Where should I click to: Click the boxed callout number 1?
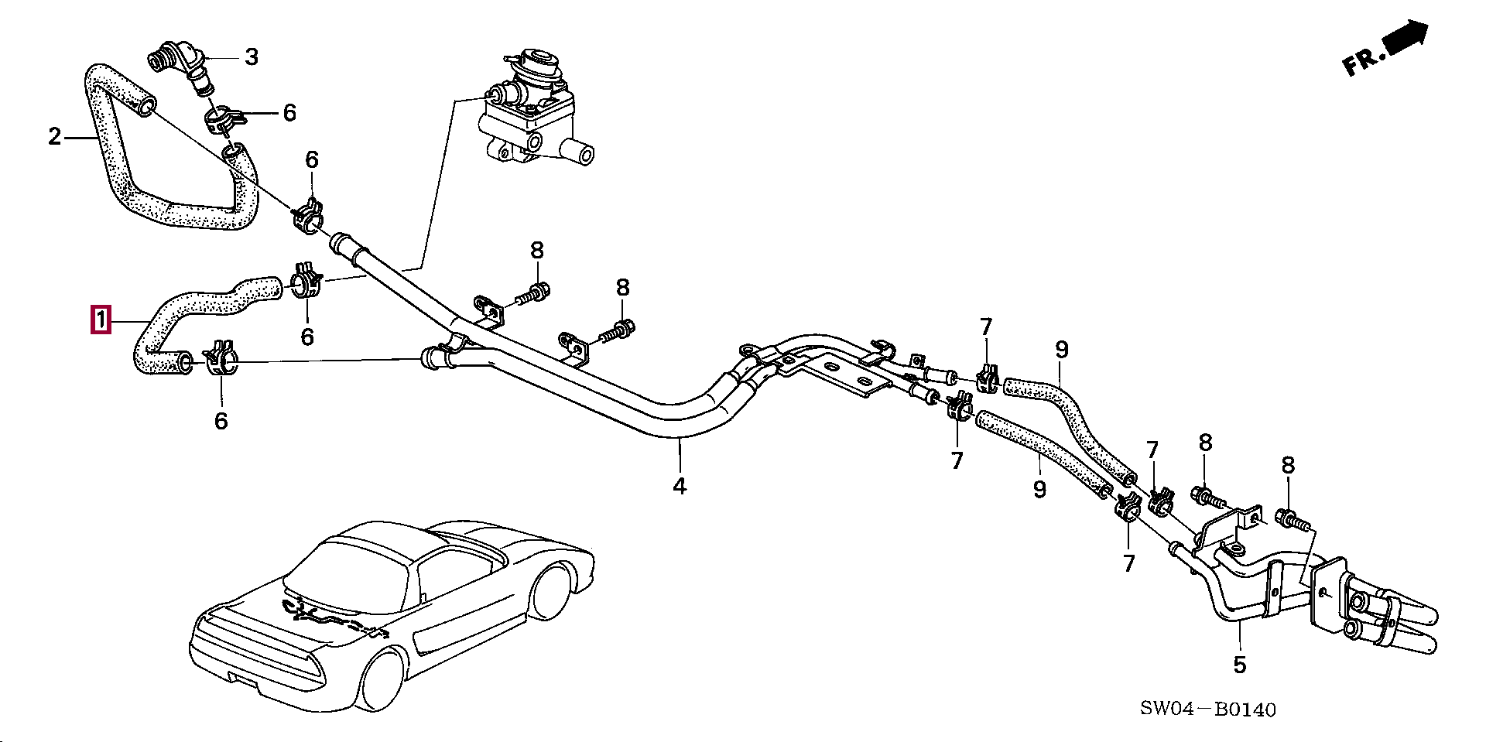[101, 320]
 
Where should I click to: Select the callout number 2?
[54, 138]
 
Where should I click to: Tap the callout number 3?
[252, 56]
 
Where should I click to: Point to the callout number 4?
[679, 486]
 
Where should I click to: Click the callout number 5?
[1239, 665]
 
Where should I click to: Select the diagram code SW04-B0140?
[1207, 710]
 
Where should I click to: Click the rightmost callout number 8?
[1287, 465]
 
